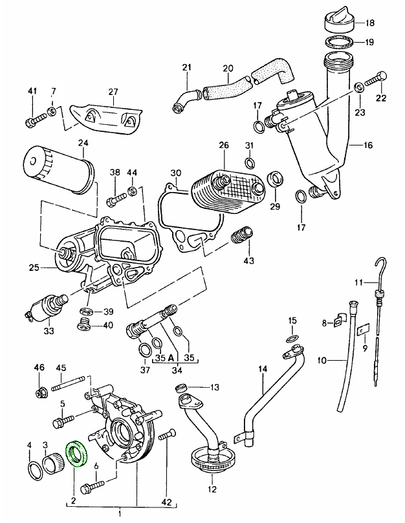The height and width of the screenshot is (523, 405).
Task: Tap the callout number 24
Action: tap(83, 144)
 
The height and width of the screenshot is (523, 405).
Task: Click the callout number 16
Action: tap(368, 145)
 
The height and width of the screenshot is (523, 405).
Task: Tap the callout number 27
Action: tap(114, 91)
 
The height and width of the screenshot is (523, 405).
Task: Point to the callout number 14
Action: tap(263, 370)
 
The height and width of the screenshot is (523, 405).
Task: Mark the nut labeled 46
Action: tap(41, 391)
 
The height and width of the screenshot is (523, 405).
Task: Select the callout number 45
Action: tap(61, 368)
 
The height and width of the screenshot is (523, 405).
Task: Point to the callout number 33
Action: tap(49, 332)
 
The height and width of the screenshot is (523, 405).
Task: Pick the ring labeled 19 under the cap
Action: tap(338, 44)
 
